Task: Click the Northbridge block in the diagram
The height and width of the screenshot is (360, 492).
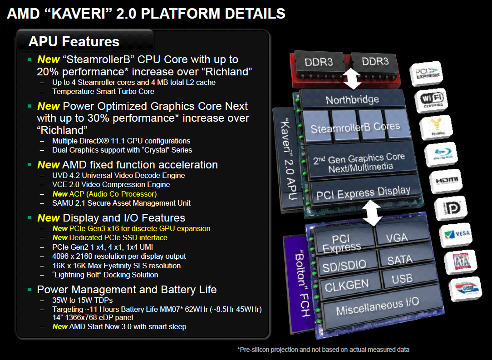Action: pos(352,99)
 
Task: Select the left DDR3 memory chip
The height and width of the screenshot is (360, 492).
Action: pos(320,62)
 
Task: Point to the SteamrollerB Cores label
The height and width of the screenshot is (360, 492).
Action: pos(355,128)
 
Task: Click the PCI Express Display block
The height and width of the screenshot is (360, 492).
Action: pos(363,193)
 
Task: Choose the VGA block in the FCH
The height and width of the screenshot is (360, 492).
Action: pos(396,237)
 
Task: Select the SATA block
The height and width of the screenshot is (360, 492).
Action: pos(400,260)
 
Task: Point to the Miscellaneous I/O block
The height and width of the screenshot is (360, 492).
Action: pos(377,306)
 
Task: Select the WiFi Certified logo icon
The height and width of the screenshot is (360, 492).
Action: pos(434,99)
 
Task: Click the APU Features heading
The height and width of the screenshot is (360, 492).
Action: pos(74,42)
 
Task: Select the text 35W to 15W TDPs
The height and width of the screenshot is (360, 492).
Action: pos(83,300)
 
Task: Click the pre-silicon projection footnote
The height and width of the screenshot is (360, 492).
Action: pos(323,350)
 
